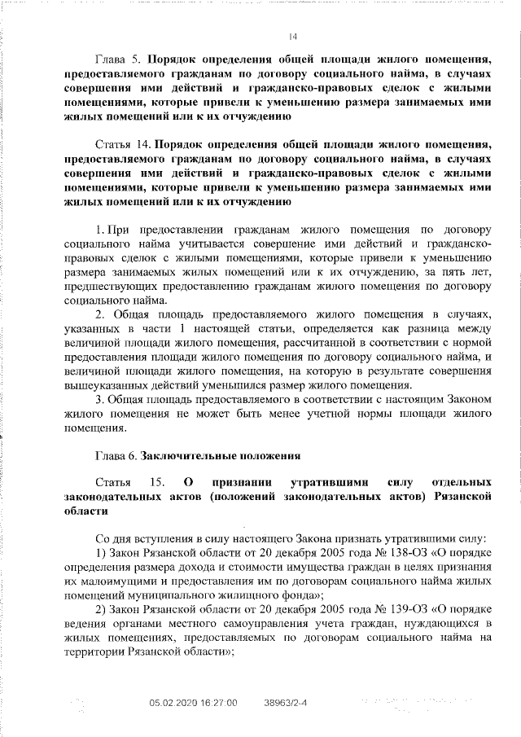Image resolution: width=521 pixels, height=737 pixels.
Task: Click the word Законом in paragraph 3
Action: coord(465,399)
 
